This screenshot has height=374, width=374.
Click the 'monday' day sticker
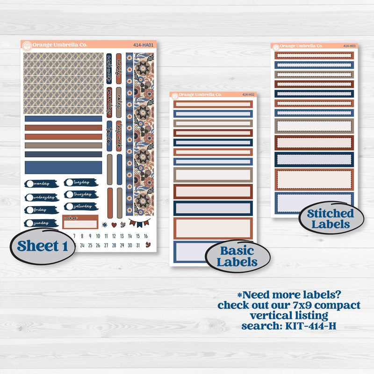click(x=42, y=184)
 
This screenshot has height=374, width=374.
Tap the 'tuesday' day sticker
click(x=80, y=182)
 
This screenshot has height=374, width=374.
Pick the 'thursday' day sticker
click(x=80, y=194)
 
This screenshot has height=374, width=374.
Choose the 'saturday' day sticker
click(x=80, y=206)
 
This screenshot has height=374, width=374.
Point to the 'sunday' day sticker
click(x=42, y=223)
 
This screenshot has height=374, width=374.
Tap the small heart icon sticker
click(x=113, y=224)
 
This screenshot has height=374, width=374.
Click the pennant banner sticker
click(x=139, y=222)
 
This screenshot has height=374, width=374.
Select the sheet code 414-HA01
click(x=144, y=45)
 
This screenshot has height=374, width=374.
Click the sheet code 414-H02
click(x=248, y=95)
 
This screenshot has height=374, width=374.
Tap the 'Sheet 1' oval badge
click(x=43, y=246)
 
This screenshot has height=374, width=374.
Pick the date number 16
click(x=146, y=236)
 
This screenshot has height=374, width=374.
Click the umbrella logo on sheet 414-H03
click(x=276, y=46)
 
